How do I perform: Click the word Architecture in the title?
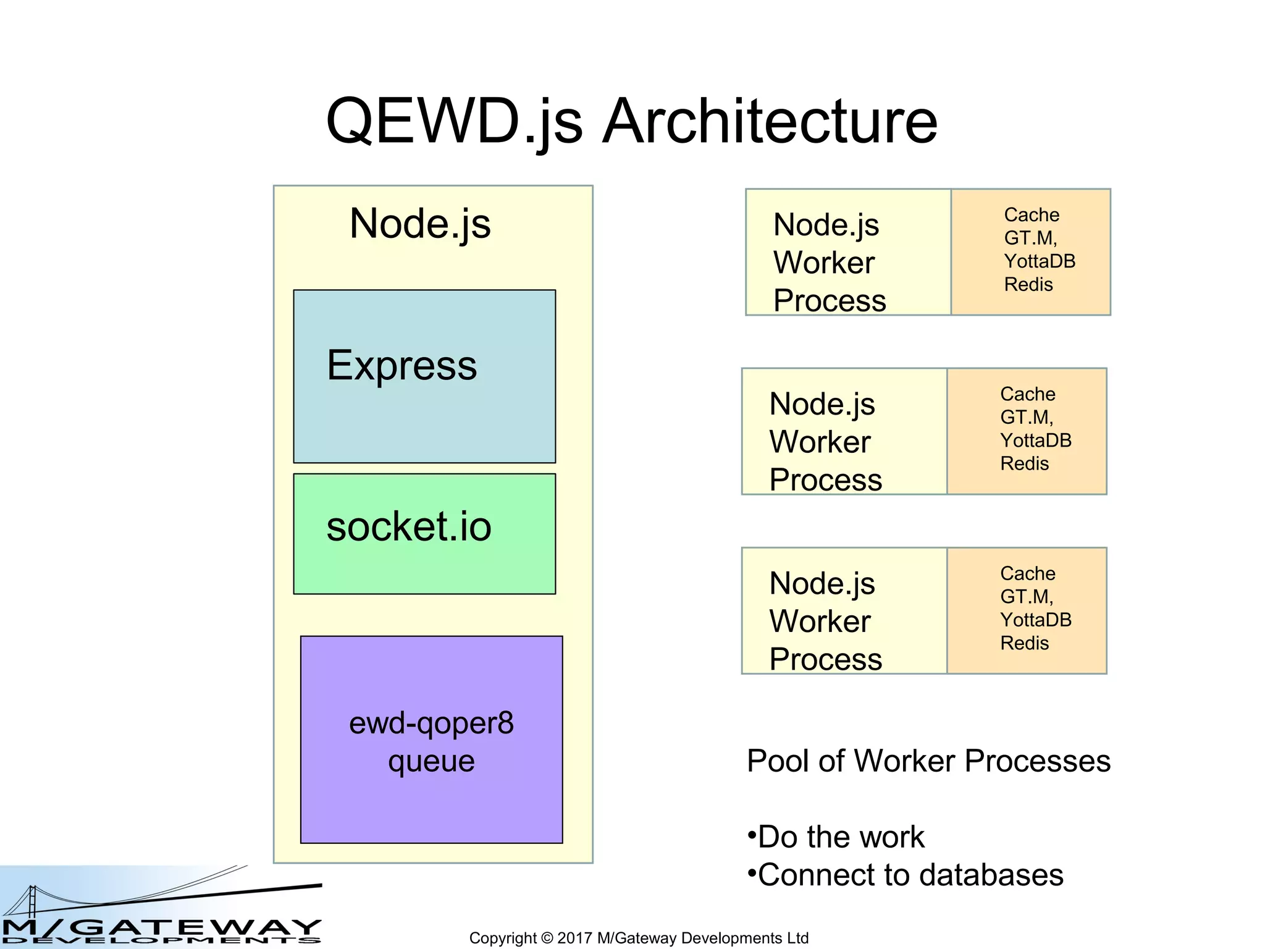click(x=770, y=122)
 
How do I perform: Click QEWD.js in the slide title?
click(x=454, y=122)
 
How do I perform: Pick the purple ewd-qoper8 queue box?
click(x=431, y=803)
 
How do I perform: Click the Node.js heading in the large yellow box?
click(x=420, y=224)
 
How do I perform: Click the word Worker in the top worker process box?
click(x=824, y=263)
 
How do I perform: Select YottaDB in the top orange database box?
click(x=1040, y=261)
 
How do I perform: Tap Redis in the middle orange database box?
click(x=1025, y=463)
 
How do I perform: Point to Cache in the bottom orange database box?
click(x=1028, y=573)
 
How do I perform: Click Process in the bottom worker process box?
click(x=826, y=659)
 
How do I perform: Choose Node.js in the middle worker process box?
click(x=822, y=405)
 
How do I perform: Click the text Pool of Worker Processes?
click(x=928, y=761)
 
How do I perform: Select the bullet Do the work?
click(x=840, y=837)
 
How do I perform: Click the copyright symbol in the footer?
click(x=547, y=938)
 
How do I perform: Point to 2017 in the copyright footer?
click(x=574, y=938)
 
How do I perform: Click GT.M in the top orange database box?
click(x=1030, y=238)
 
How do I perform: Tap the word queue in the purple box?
click(x=431, y=761)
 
